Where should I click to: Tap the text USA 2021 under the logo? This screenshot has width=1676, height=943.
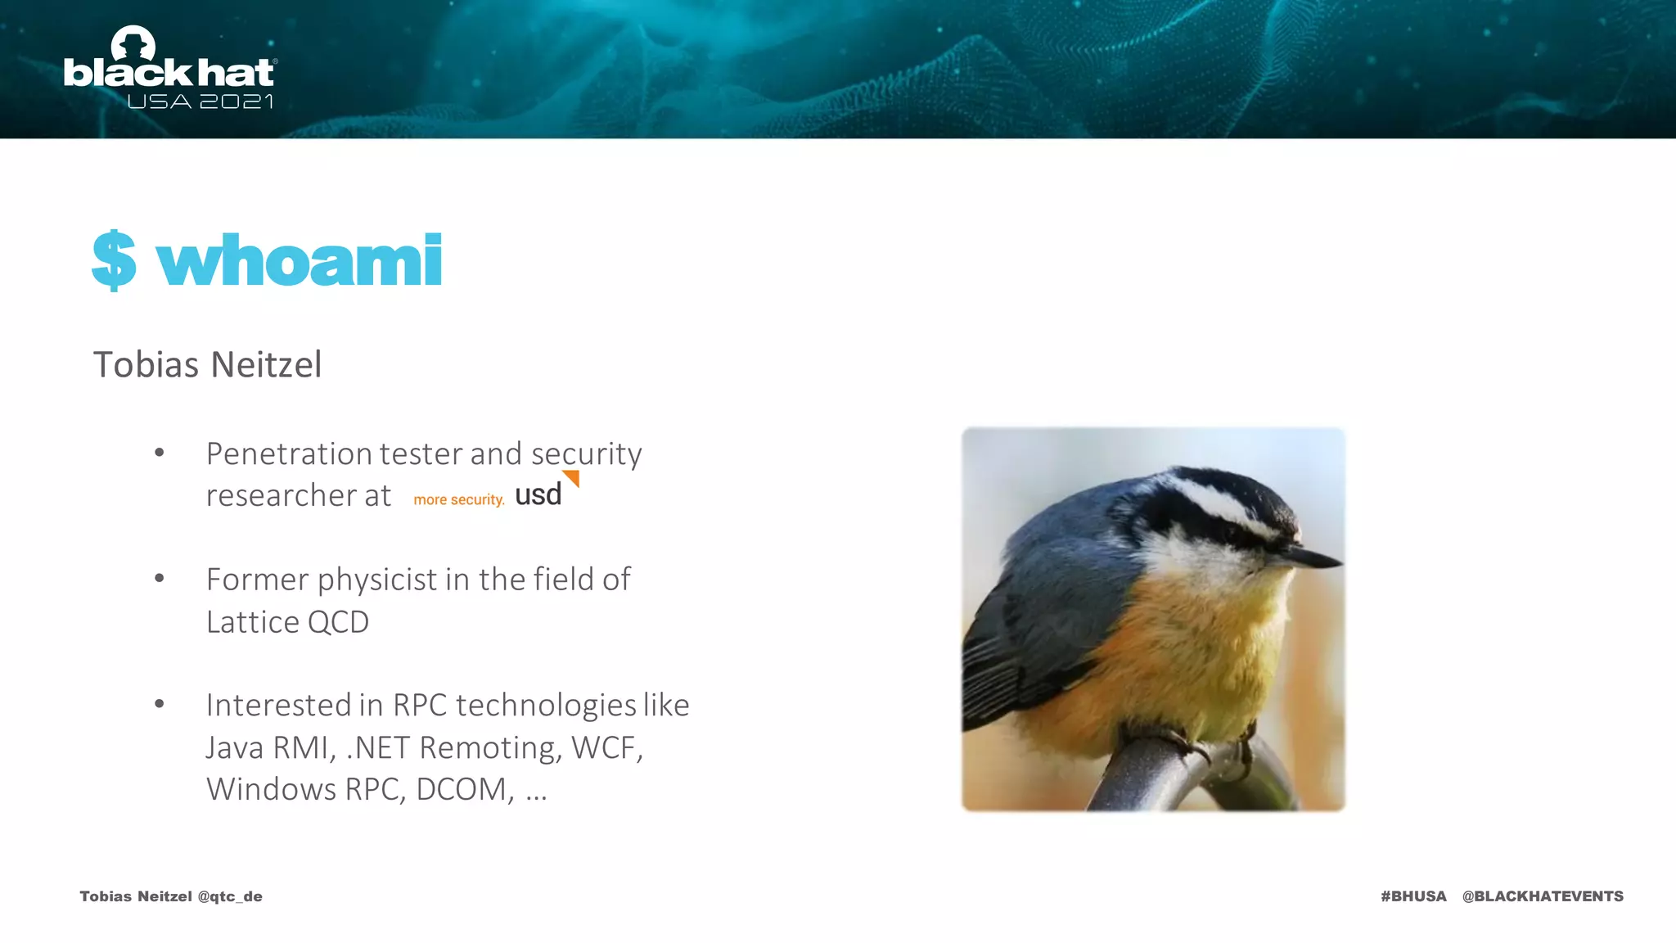[x=200, y=102]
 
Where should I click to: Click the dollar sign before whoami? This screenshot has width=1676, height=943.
[x=114, y=260]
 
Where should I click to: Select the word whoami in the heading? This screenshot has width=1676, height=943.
[x=300, y=261]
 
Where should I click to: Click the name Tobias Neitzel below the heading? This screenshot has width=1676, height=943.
[x=207, y=364]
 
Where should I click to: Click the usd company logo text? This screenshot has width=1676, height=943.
[x=538, y=495]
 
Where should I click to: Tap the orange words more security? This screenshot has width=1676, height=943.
[x=458, y=499]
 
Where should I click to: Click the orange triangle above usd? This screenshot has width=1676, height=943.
[x=572, y=477]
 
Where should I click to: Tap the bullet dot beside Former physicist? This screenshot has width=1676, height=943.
[x=160, y=579]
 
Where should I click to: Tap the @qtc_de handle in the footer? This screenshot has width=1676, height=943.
[x=230, y=896]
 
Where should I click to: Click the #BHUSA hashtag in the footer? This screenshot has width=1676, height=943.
[x=1413, y=896]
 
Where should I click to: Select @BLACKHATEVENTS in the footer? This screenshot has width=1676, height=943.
[x=1543, y=896]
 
